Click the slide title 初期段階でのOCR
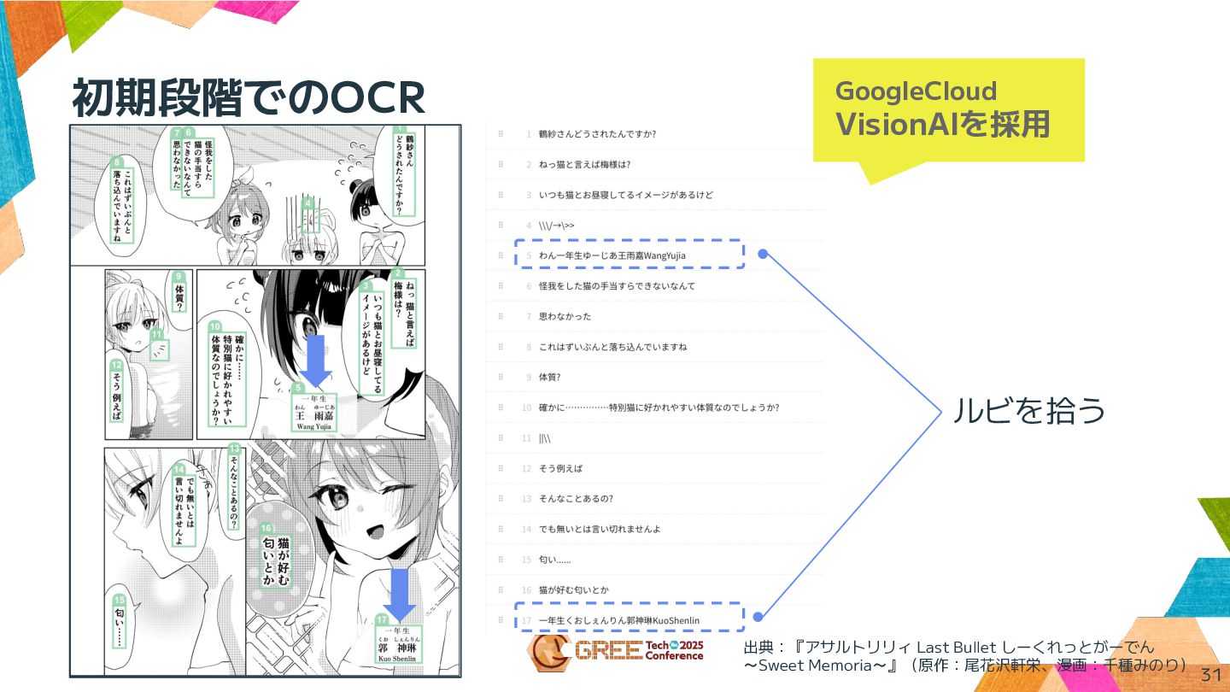coord(248,99)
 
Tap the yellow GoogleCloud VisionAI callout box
coord(948,109)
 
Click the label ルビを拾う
coord(1028,411)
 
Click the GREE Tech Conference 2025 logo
coord(615,652)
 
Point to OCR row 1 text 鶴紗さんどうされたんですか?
coord(597,134)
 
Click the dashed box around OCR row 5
coord(630,255)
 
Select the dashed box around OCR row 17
coord(630,619)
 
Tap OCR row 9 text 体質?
coord(549,377)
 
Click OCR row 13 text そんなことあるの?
coord(576,498)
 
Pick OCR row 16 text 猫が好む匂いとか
coord(573,589)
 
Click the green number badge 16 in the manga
coord(266,529)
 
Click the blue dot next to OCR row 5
coord(763,254)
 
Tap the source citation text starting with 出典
coord(965,656)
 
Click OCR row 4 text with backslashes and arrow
coord(556,226)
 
